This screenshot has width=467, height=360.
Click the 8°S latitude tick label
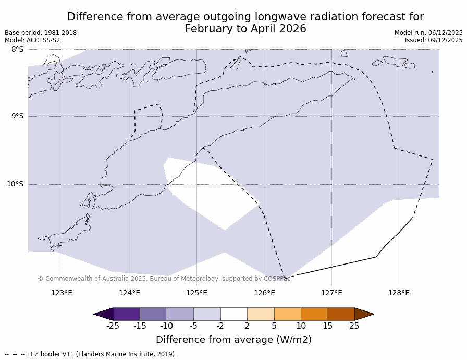coord(17,50)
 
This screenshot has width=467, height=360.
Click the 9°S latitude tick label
coord(17,116)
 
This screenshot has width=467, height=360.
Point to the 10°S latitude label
coord(15,184)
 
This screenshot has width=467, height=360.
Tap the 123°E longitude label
coord(62,293)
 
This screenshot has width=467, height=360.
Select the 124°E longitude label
coord(129,293)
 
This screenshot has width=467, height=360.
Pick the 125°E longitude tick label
coord(196,293)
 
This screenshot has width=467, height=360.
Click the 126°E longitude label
coord(264,293)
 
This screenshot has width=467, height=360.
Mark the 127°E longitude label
coord(331,293)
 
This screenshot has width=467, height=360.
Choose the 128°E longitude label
coord(399,293)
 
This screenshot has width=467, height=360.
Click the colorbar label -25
coord(113,326)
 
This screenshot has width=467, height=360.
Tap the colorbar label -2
coord(220,326)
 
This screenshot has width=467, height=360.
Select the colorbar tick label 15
coord(327,326)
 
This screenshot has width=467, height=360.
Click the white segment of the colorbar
coord(233,314)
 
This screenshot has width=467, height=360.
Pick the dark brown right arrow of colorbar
coord(364,314)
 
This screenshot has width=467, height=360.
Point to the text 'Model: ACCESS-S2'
coord(32,40)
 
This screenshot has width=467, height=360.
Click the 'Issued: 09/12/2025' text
coord(434,40)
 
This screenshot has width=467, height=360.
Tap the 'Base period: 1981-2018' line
coord(41,33)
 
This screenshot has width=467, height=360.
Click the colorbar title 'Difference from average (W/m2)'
coord(233,340)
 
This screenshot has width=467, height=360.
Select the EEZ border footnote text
coord(91,354)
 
